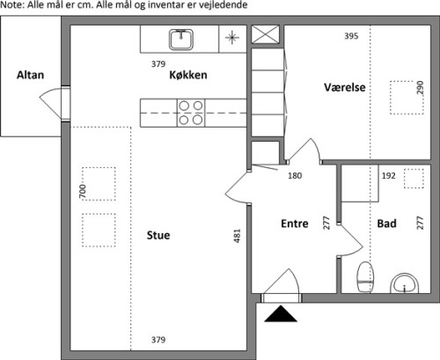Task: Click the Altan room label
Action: click(30, 75)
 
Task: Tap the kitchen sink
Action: click(181, 40)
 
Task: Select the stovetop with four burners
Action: click(191, 113)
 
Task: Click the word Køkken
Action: click(188, 75)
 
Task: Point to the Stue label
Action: click(158, 235)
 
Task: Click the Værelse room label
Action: click(345, 87)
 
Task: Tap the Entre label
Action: click(295, 224)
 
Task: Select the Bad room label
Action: click(387, 224)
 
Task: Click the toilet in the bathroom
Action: click(365, 277)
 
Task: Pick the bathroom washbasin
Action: click(405, 283)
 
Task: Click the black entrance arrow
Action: click(281, 313)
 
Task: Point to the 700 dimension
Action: click(83, 191)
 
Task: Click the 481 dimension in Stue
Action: click(237, 236)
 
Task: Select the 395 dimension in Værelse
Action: click(351, 36)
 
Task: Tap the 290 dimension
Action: click(420, 87)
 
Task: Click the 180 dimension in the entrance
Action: click(295, 176)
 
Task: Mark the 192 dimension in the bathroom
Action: click(389, 176)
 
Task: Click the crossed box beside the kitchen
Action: click(266, 34)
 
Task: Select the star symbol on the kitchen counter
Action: click(232, 38)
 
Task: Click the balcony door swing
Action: click(50, 103)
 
